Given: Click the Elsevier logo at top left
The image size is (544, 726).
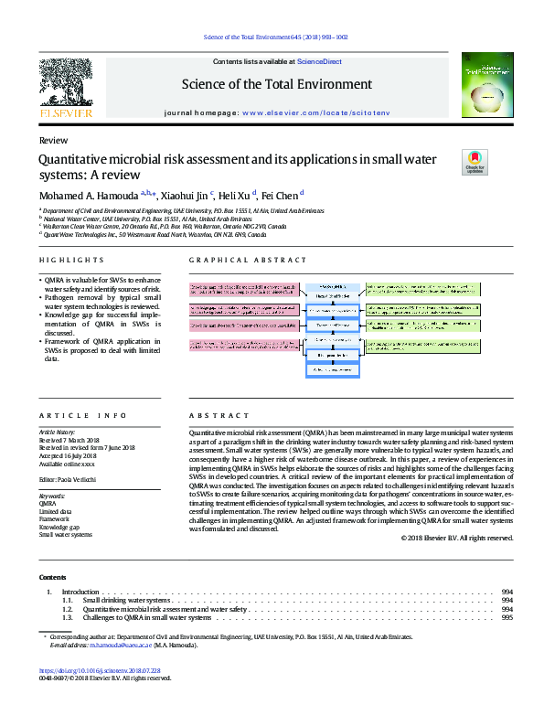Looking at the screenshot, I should [x=66, y=88].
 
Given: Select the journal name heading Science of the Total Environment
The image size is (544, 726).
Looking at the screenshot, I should [x=276, y=84].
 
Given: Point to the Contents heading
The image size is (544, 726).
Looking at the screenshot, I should [x=53, y=577].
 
